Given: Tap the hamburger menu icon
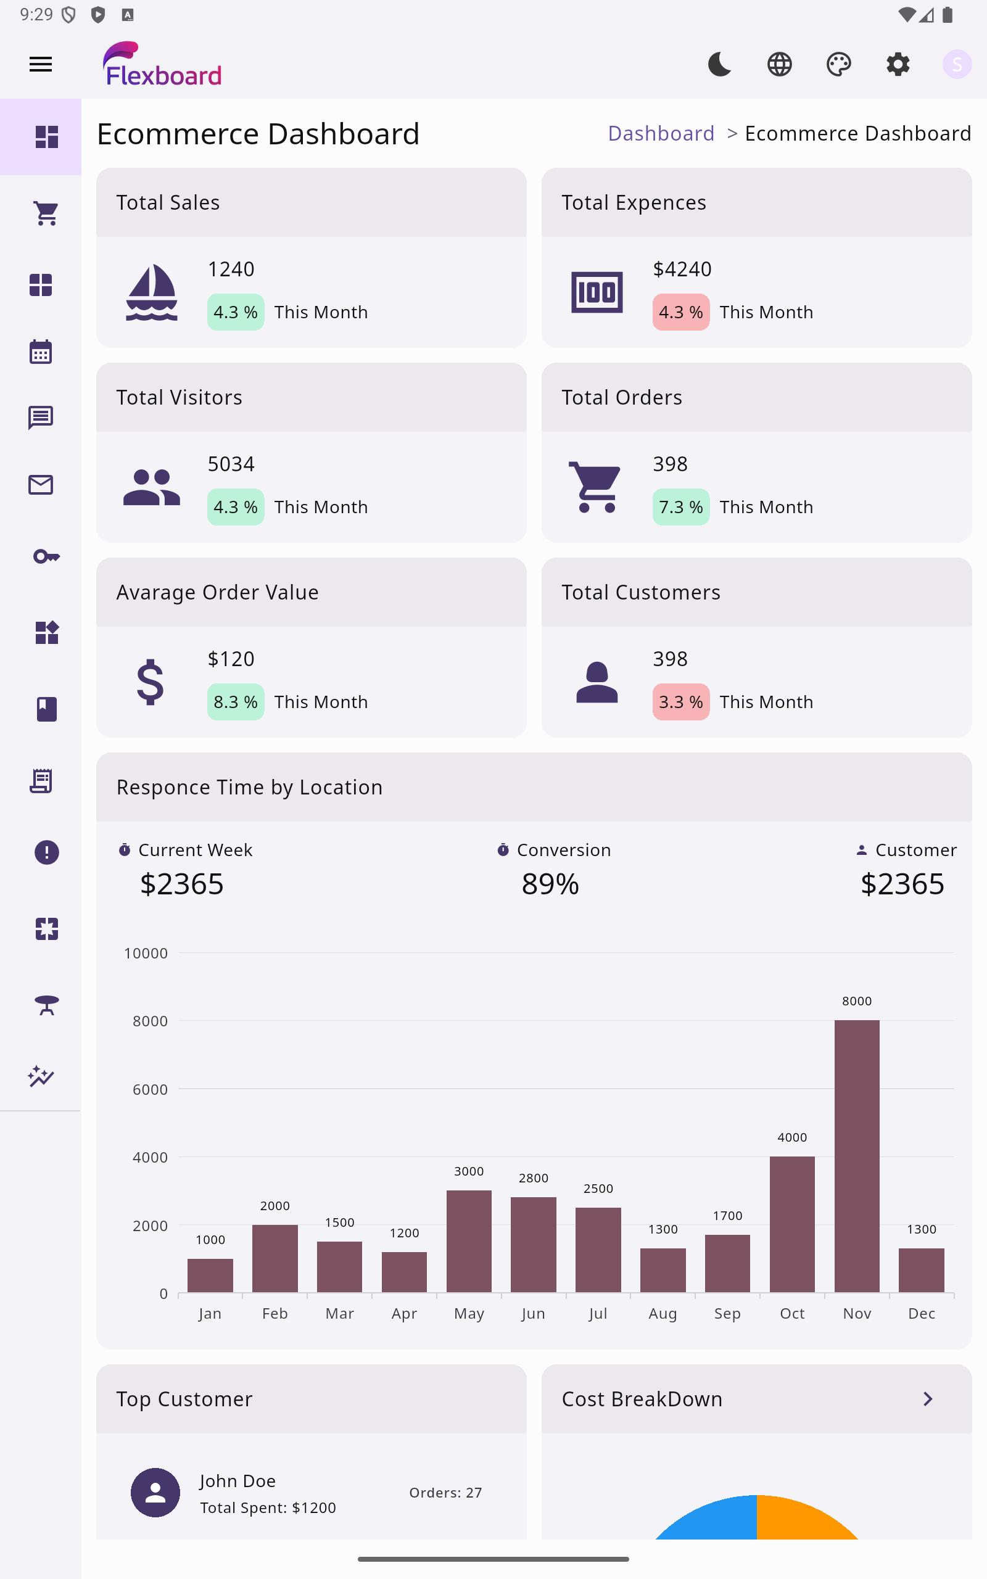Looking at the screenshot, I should pyautogui.click(x=41, y=64).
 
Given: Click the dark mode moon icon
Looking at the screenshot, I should pyautogui.click(x=719, y=64).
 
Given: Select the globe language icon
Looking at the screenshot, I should pyautogui.click(x=779, y=64).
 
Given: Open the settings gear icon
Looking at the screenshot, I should pyautogui.click(x=898, y=64).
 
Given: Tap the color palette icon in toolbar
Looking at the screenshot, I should pyautogui.click(x=838, y=64).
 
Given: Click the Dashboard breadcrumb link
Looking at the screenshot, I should pyautogui.click(x=661, y=133).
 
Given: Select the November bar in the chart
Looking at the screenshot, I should pyautogui.click(x=856, y=1155).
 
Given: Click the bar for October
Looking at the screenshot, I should pyautogui.click(x=792, y=1223).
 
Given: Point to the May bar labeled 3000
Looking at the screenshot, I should pyautogui.click(x=469, y=1240).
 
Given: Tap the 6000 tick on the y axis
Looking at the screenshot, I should pyautogui.click(x=150, y=1089).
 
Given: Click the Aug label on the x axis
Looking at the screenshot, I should pyautogui.click(x=663, y=1313).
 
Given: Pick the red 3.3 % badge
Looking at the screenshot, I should pyautogui.click(x=680, y=701).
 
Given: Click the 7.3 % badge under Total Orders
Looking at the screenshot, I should pyautogui.click(x=680, y=507).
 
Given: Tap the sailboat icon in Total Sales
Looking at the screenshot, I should pyautogui.click(x=152, y=292).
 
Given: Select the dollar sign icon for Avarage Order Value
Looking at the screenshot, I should pyautogui.click(x=150, y=682).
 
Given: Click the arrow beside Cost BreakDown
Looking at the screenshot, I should pyautogui.click(x=928, y=1398).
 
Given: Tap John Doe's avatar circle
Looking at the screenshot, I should pyautogui.click(x=155, y=1492).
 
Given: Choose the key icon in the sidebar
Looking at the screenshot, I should pyautogui.click(x=46, y=556).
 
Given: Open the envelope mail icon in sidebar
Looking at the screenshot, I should pyautogui.click(x=41, y=485).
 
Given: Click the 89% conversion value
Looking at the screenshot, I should pyautogui.click(x=550, y=884).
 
